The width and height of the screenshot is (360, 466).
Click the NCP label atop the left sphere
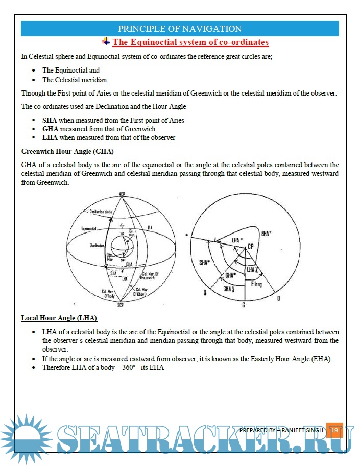(x=122, y=194)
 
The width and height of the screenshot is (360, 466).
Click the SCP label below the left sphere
(x=121, y=305)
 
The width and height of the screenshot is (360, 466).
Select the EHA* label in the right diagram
(x=267, y=234)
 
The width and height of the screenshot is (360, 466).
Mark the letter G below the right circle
(x=243, y=305)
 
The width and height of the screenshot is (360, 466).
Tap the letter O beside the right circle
(x=278, y=299)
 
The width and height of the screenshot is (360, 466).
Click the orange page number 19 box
(x=334, y=431)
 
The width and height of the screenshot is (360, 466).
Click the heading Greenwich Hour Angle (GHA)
(x=67, y=152)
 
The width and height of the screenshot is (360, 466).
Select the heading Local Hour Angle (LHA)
(x=59, y=318)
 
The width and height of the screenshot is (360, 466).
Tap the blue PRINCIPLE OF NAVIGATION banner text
(x=180, y=29)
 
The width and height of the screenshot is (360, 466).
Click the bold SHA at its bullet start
(x=50, y=120)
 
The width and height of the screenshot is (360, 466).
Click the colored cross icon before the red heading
(x=106, y=41)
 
